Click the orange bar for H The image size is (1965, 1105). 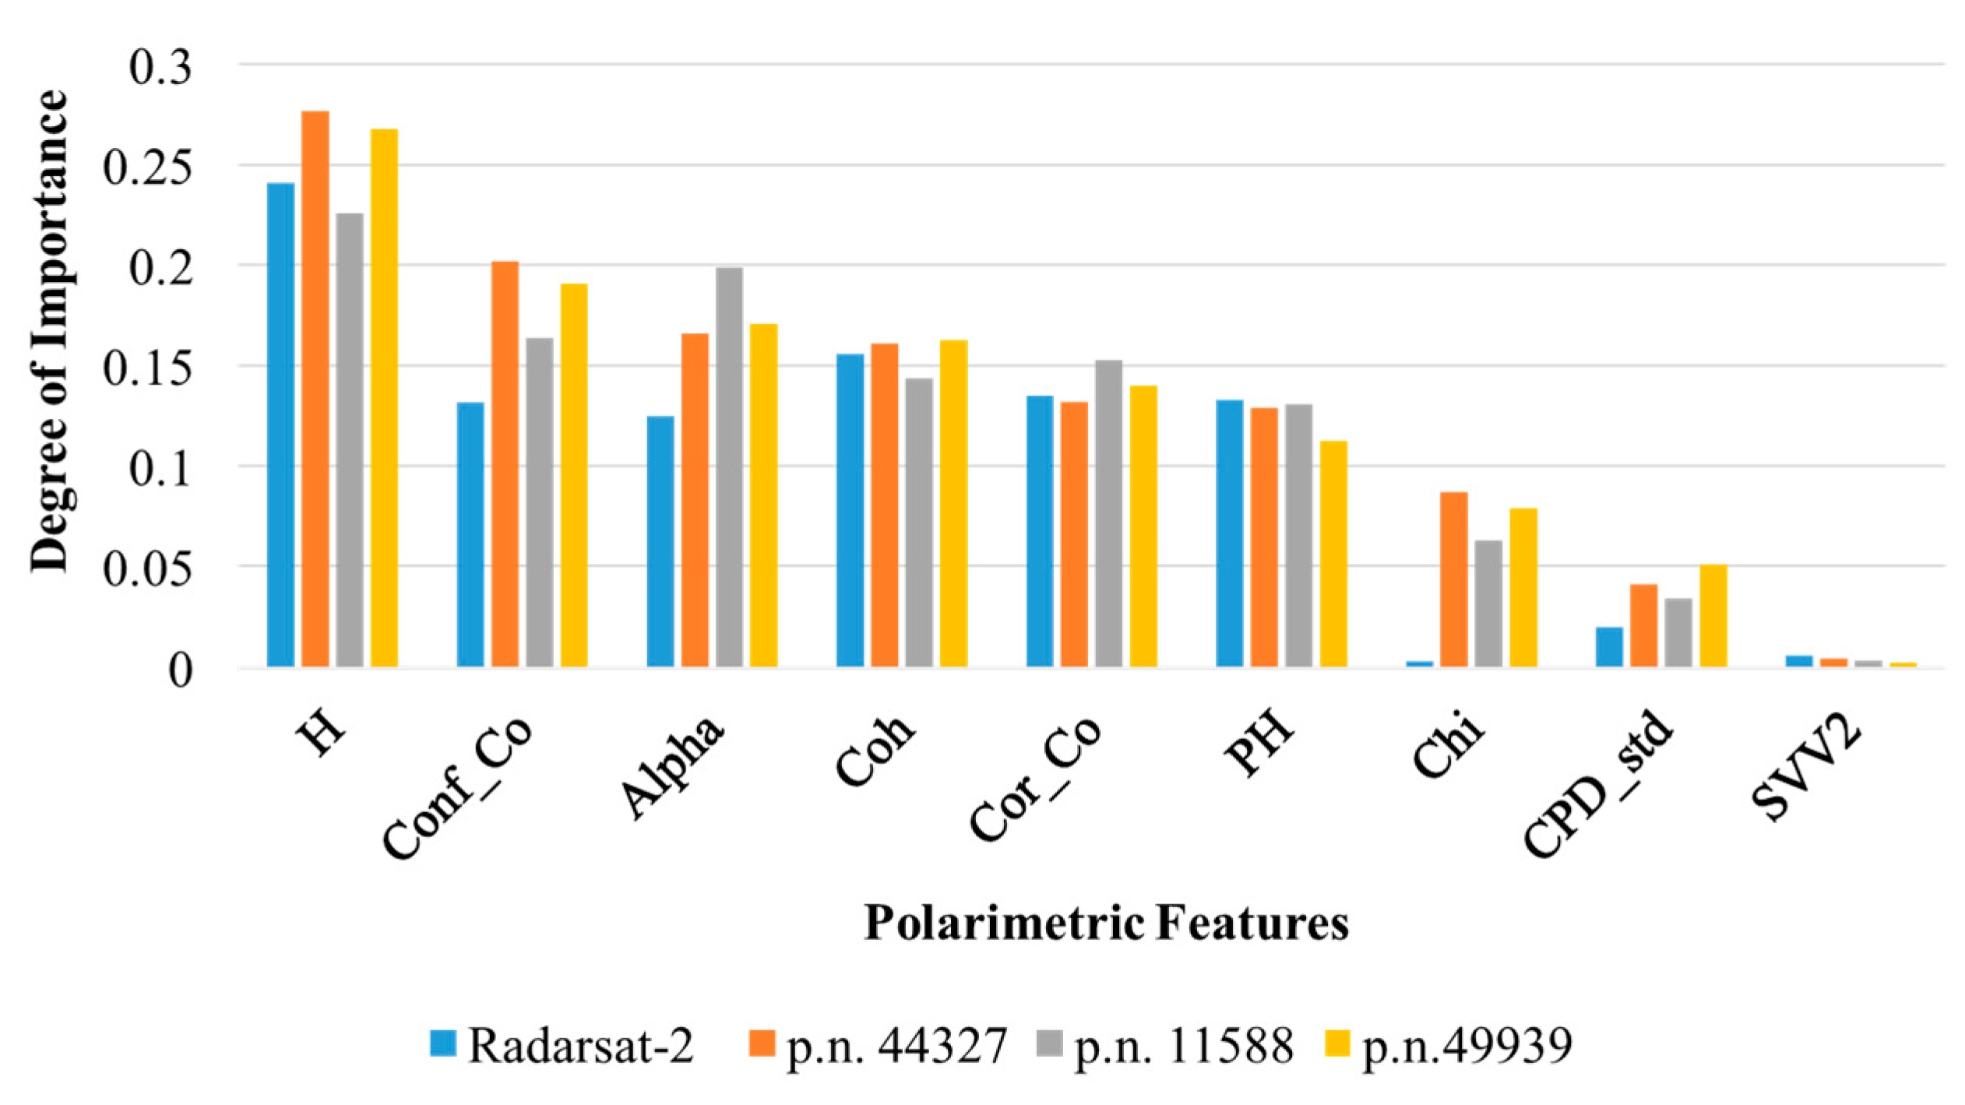(315, 389)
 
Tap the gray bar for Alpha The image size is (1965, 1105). (729, 467)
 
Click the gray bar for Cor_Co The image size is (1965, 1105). (1108, 514)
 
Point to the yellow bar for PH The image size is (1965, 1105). (1333, 554)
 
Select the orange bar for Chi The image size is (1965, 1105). (1453, 579)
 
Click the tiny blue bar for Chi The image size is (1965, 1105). (1419, 663)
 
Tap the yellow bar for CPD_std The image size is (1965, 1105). (1713, 616)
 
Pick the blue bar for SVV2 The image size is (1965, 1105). (1799, 660)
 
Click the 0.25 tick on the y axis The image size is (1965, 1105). (147, 167)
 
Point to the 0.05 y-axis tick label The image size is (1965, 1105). (147, 568)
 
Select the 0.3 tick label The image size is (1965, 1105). (160, 67)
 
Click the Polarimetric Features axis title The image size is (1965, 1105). (1106, 924)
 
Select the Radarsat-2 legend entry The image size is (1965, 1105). (562, 1045)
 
